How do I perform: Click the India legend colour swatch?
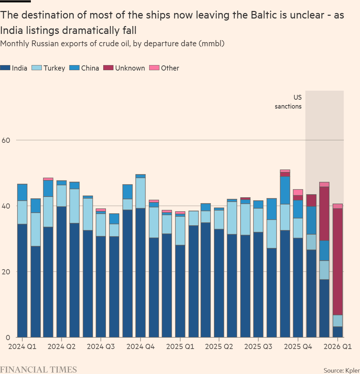5,68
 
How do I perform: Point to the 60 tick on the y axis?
7,140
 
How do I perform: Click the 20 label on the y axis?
7,272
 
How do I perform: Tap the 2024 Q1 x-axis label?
22,347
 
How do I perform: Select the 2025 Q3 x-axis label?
259,347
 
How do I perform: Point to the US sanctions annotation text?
288,102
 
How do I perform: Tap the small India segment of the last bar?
338,332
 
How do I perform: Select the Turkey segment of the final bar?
338,321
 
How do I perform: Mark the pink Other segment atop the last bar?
338,206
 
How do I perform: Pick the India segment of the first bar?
22,280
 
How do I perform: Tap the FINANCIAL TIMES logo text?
38,370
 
